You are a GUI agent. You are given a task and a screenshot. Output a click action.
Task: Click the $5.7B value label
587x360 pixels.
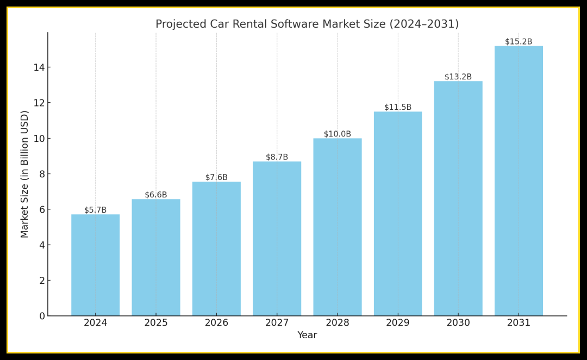[x=95, y=210]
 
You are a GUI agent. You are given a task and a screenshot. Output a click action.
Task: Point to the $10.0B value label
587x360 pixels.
[x=338, y=134]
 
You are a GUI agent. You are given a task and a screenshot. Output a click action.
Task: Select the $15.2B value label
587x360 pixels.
[x=519, y=42]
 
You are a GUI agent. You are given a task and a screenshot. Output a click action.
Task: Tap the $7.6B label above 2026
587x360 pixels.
[x=216, y=177]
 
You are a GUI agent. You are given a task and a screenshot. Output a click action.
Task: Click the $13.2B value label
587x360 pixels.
[x=458, y=77]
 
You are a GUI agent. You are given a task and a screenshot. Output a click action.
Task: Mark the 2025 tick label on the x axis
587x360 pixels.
[x=156, y=323]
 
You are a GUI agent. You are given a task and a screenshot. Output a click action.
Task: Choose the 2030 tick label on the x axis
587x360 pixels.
[x=458, y=323]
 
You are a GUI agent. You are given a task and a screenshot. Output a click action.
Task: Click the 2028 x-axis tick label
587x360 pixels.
[x=338, y=323]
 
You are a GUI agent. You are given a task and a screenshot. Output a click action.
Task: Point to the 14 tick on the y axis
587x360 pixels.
[x=39, y=67]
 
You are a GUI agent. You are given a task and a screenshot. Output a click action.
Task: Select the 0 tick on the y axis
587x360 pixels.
[x=42, y=316]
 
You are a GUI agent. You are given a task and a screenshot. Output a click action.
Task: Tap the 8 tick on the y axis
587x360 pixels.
[x=42, y=174]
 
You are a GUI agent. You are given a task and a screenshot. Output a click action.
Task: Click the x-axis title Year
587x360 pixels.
[x=307, y=336]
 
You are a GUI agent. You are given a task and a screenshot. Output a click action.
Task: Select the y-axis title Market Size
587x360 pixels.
[x=25, y=174]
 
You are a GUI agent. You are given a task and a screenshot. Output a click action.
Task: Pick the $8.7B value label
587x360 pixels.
[x=277, y=157]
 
